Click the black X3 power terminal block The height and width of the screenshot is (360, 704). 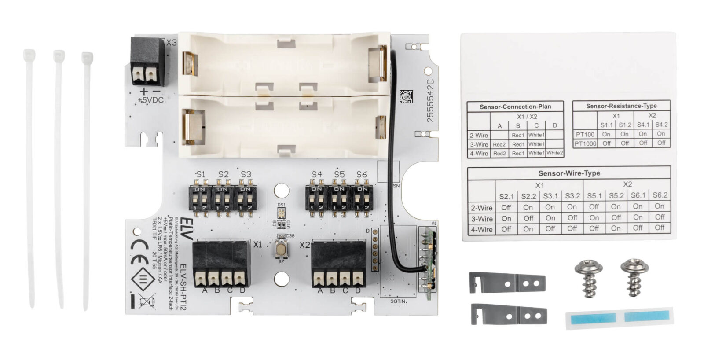(x=147, y=61)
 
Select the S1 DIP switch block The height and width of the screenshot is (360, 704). (x=200, y=198)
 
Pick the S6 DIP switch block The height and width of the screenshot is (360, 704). (x=362, y=198)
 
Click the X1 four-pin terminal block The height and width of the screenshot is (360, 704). (x=221, y=264)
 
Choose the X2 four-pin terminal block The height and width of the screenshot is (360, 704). (x=338, y=264)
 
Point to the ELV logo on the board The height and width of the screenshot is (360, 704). (x=187, y=228)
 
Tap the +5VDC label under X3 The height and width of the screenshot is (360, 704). (x=150, y=100)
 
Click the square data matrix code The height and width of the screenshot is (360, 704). (x=406, y=96)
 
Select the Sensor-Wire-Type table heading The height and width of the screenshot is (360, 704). (x=569, y=173)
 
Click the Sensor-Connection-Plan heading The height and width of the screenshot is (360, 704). (x=515, y=107)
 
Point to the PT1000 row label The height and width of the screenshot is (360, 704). (x=585, y=143)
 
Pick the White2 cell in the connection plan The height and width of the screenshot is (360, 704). (x=554, y=153)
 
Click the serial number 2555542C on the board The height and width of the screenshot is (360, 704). (x=430, y=101)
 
